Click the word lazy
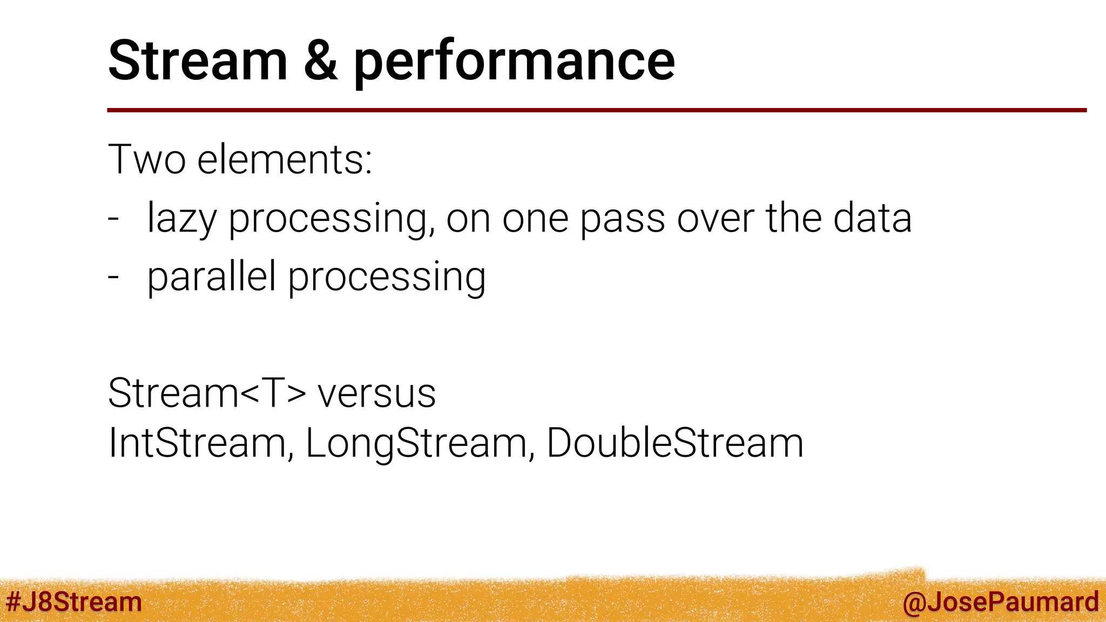pos(181,219)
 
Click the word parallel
pos(211,276)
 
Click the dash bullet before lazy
pos(113,219)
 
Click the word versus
pos(376,394)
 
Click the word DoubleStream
pos(675,443)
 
